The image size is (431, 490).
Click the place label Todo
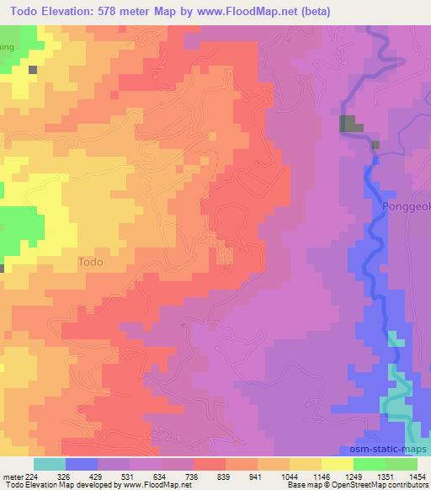[90, 262]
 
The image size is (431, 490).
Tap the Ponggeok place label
[406, 206]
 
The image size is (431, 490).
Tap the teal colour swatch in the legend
[50, 464]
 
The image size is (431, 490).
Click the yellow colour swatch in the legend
[337, 464]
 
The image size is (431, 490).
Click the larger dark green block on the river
[350, 125]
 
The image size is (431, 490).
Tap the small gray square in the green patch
[33, 70]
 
